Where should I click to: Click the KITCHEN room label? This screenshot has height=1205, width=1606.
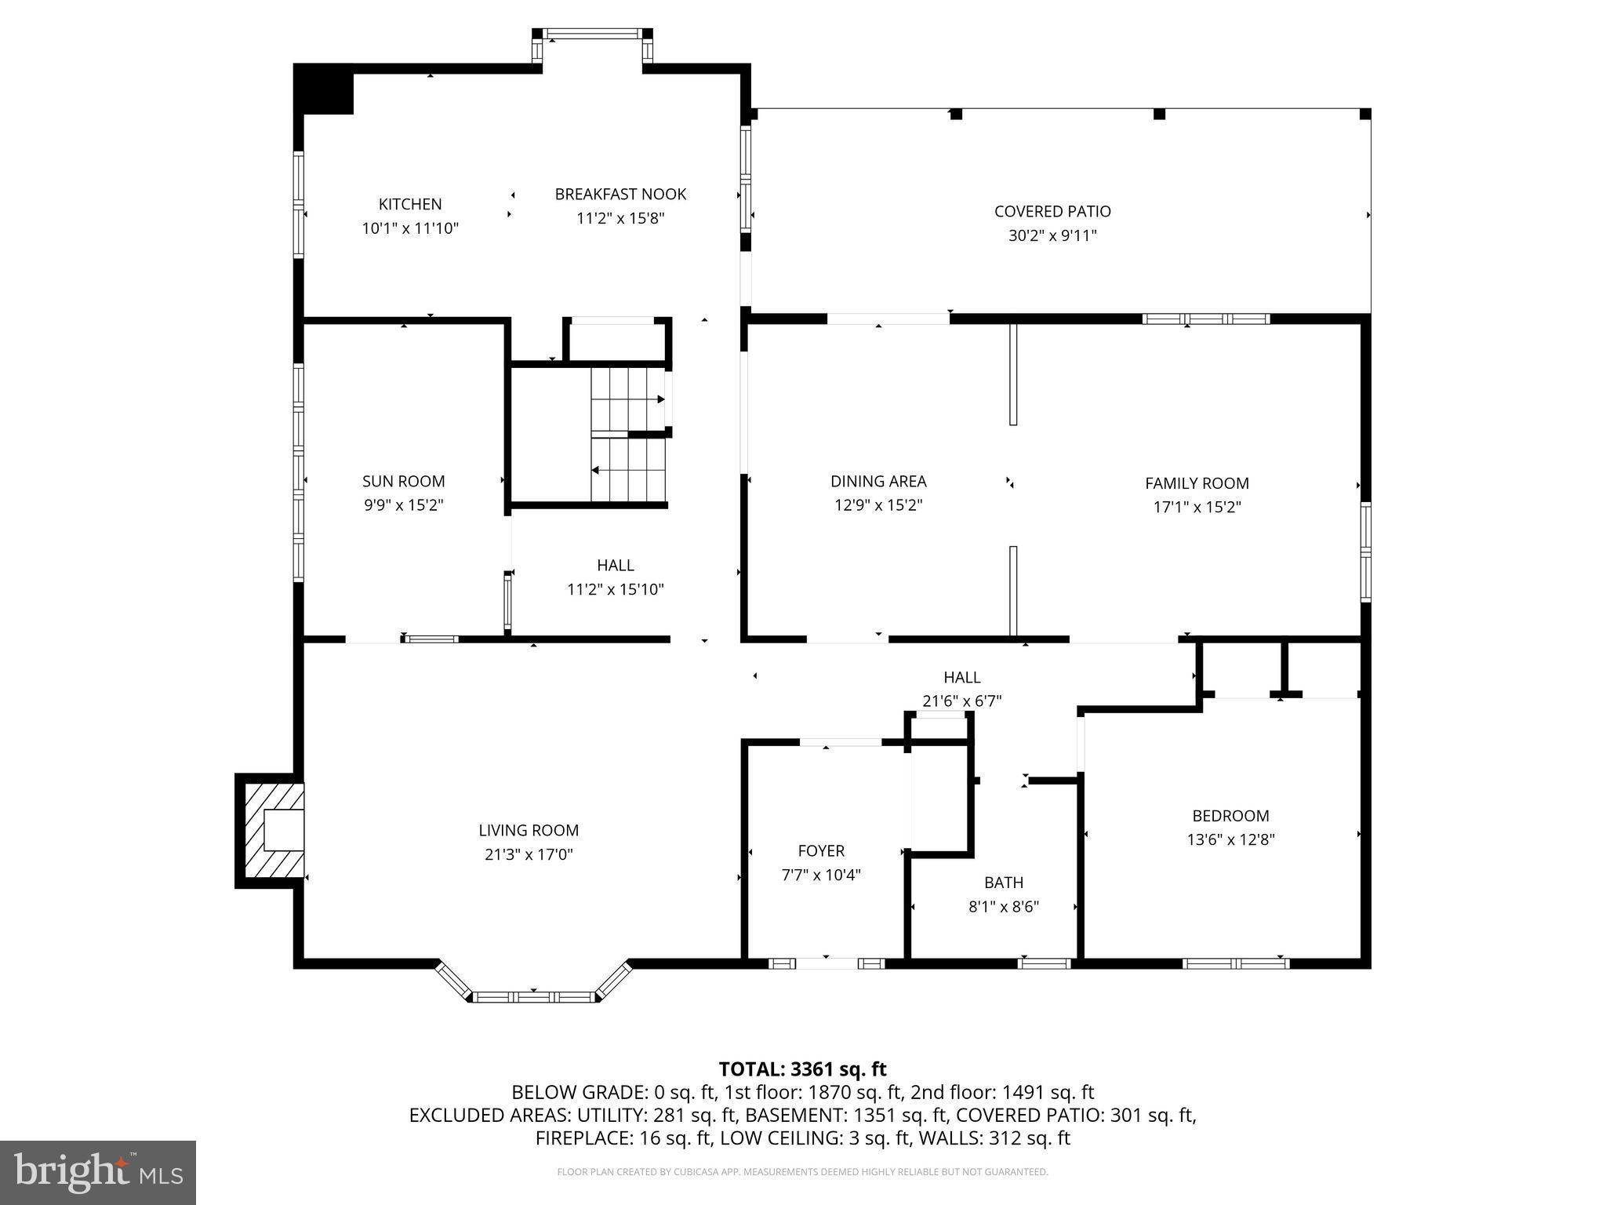coord(410,204)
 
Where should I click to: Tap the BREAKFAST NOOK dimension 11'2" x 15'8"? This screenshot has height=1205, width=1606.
coord(620,218)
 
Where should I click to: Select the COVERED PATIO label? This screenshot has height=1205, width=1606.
coord(1052,211)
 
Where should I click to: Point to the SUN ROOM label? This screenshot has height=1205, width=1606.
coord(403,481)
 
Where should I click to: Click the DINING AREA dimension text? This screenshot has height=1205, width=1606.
coord(877,505)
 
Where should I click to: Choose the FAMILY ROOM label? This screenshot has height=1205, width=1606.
coord(1197,483)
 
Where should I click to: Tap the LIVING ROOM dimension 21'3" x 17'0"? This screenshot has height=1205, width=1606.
coord(529,854)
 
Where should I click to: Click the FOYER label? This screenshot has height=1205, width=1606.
coord(821,850)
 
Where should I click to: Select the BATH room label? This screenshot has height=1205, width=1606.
coord(1004,883)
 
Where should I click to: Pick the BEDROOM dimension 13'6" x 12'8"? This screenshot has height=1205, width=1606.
coord(1230,839)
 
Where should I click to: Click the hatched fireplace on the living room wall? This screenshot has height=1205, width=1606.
coord(271,831)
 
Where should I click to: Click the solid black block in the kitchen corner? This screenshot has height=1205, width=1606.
coord(325,89)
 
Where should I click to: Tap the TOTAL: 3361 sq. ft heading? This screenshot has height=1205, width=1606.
coord(802,1068)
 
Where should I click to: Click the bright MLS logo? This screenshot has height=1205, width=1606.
coord(98,1172)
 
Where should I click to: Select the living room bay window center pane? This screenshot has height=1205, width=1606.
coord(533,997)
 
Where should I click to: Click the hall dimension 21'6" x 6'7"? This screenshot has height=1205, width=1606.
coord(961,701)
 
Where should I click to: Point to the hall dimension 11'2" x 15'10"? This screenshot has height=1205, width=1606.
coord(616,589)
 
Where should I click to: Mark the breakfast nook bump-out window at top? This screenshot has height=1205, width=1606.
coord(592,34)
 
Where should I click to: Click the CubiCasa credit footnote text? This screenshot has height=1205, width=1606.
coord(802,1172)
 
